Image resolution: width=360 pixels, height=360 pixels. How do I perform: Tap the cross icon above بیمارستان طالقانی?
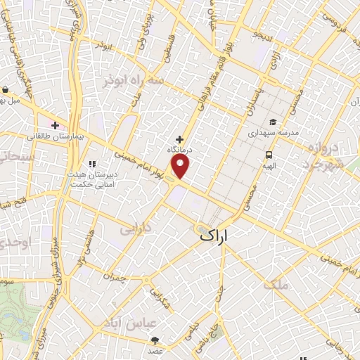click(55, 125)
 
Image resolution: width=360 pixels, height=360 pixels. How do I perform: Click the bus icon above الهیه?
click(269, 155)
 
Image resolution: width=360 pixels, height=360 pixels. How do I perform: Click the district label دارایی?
click(136, 229)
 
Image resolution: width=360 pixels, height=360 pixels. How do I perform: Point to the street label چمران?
click(114, 278)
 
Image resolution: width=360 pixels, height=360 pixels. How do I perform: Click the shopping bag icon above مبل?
click(6, 90)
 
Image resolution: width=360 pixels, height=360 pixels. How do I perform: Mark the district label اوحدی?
click(15, 243)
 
